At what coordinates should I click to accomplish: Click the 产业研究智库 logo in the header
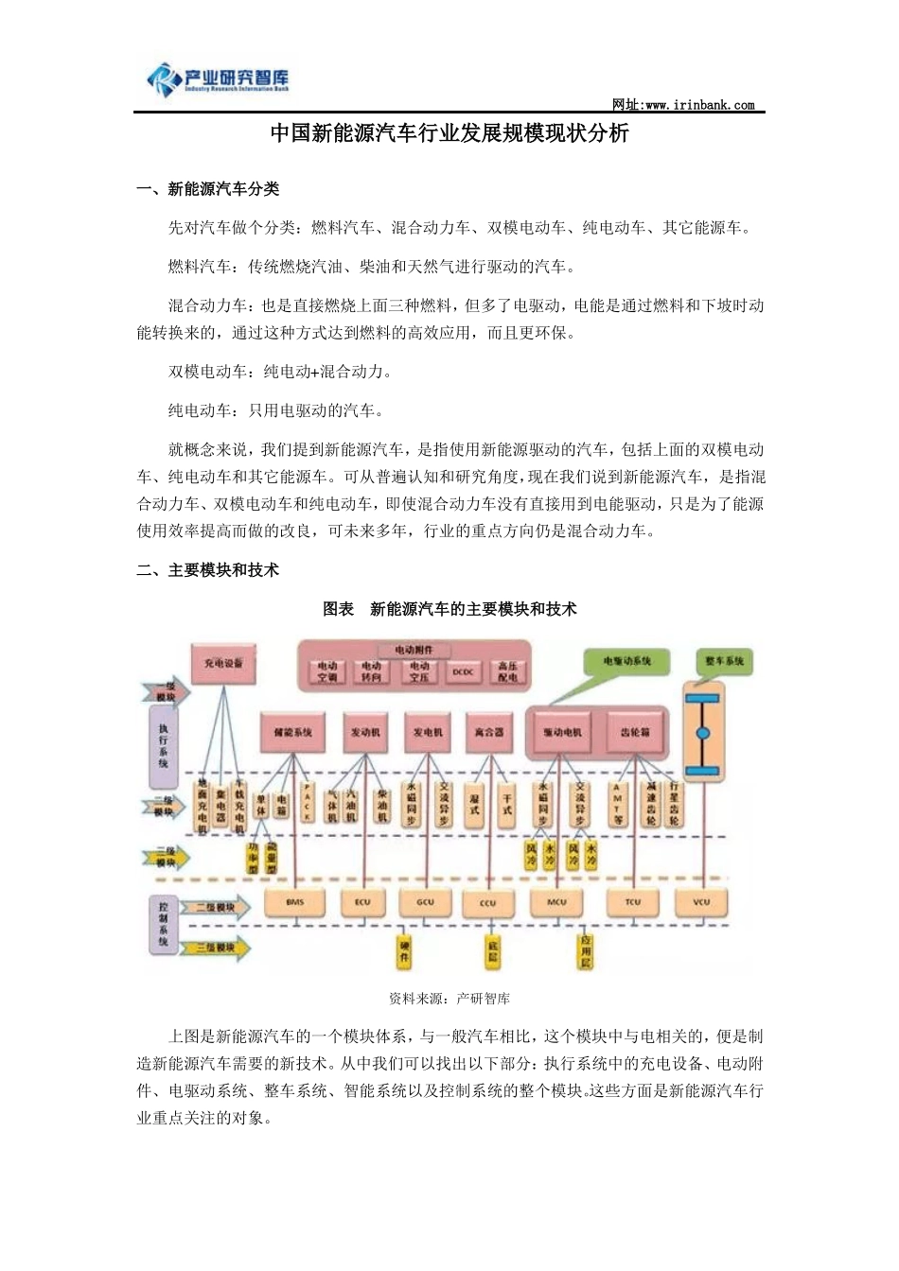[219, 79]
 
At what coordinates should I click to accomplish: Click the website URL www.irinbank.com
[683, 105]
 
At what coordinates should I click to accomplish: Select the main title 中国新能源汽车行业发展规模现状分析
[449, 133]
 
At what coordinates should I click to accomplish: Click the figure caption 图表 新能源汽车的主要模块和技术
[449, 610]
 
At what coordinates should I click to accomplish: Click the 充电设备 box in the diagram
[223, 663]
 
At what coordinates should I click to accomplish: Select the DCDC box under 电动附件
[463, 672]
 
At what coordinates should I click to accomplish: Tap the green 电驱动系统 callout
[626, 660]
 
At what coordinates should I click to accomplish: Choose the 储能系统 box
[292, 732]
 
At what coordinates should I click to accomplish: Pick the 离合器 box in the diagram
[489, 732]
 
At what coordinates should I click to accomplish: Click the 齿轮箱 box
[635, 732]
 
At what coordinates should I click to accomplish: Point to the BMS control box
[295, 902]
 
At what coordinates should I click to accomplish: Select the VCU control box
[701, 902]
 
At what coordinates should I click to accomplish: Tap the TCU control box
[633, 902]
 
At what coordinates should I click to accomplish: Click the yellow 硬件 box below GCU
[405, 950]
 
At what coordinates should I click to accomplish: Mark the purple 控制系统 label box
[163, 923]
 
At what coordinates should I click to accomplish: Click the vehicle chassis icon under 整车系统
[702, 734]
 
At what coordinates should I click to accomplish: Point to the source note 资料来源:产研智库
[449, 999]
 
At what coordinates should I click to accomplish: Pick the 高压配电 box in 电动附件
[508, 672]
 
